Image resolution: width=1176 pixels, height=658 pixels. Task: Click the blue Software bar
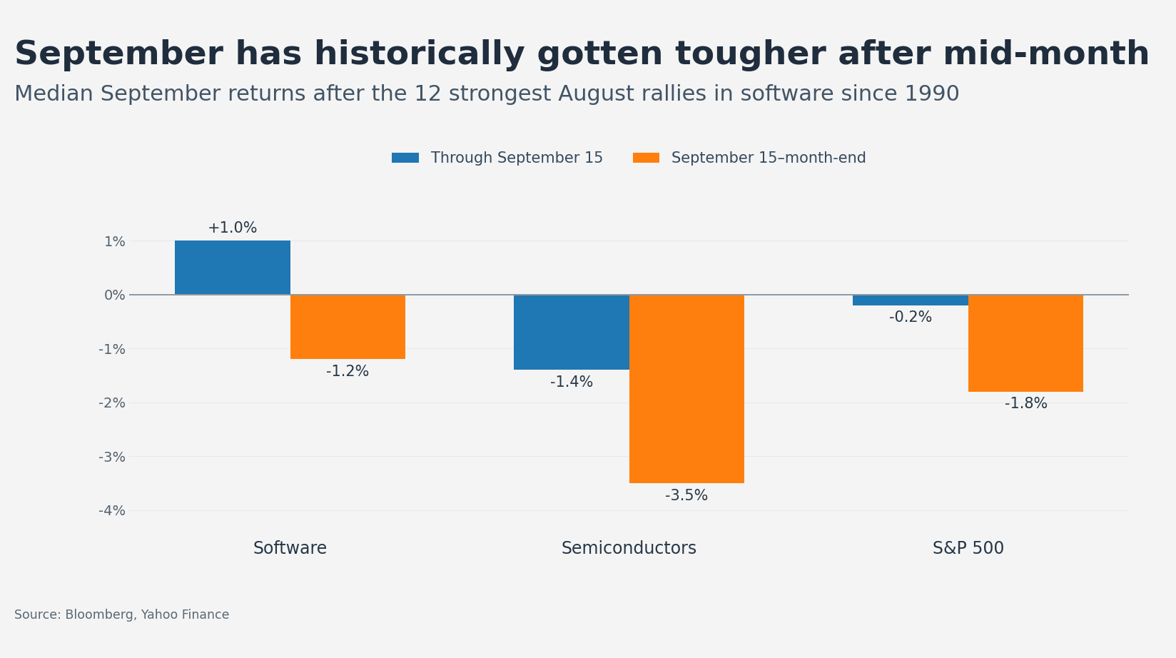[x=233, y=268]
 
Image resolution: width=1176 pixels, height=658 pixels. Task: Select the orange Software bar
[x=348, y=327]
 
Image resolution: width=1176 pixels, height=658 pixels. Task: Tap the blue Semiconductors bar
[x=571, y=332]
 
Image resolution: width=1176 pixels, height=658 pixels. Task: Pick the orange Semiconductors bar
[x=686, y=389]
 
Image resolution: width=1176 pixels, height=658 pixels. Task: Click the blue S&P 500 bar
[x=911, y=300]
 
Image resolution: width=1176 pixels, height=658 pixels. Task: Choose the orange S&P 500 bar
[x=1026, y=343]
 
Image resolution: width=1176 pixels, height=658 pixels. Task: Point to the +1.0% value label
[x=232, y=228]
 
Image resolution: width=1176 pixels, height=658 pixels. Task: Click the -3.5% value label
[x=686, y=495]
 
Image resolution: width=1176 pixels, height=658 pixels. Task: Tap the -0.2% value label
[x=911, y=317]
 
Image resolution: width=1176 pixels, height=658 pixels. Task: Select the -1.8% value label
[x=1026, y=403]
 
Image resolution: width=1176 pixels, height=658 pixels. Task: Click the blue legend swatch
[x=405, y=158]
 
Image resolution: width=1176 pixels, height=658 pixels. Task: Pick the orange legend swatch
[x=646, y=158]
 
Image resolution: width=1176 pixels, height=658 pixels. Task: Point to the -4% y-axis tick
[x=112, y=510]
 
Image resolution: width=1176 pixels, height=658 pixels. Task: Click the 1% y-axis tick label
[x=114, y=241]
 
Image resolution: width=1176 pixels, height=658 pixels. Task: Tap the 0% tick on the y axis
[x=114, y=295]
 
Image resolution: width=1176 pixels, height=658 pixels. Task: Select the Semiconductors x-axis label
[x=629, y=547]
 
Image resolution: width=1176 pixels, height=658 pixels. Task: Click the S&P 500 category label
[x=968, y=547]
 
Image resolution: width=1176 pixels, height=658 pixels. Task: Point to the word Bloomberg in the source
[x=99, y=614]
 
